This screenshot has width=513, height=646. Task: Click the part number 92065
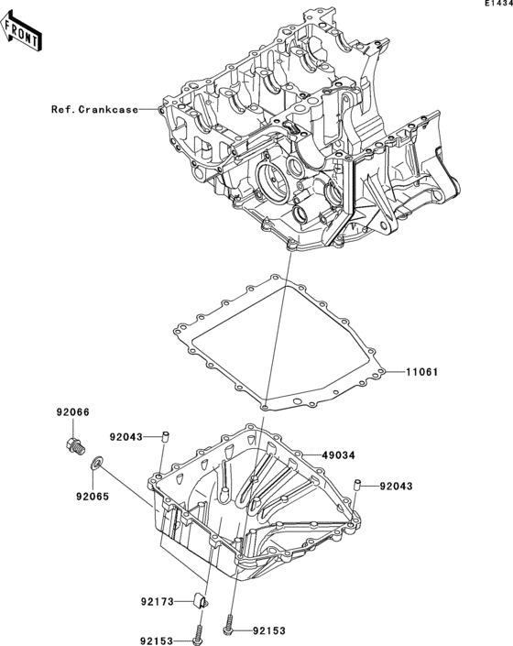[x=79, y=500]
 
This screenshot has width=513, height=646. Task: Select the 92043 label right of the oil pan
[x=398, y=486]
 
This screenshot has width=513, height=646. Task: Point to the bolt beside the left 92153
[x=199, y=633]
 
